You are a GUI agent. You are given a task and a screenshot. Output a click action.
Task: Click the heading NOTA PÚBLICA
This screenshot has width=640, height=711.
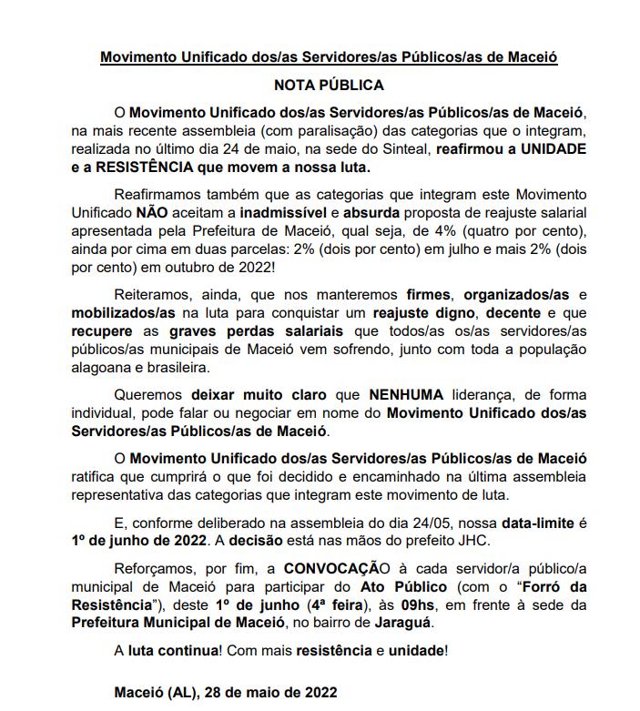pyautogui.click(x=329, y=86)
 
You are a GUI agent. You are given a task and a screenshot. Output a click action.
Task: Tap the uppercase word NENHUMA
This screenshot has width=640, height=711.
pyautogui.click(x=406, y=396)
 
